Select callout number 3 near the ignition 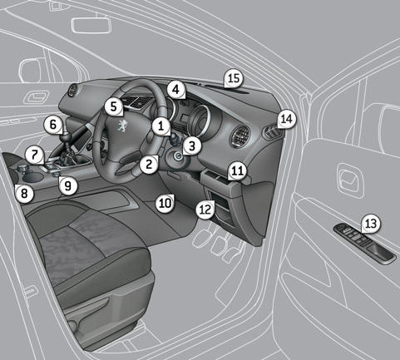pos(192,145)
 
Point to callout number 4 pos(175,89)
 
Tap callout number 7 pos(32,155)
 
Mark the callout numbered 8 pos(24,194)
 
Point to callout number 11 pos(237,171)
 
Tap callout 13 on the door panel pos(370,223)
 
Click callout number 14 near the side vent pos(286,119)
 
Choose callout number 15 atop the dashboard pos(234,78)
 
